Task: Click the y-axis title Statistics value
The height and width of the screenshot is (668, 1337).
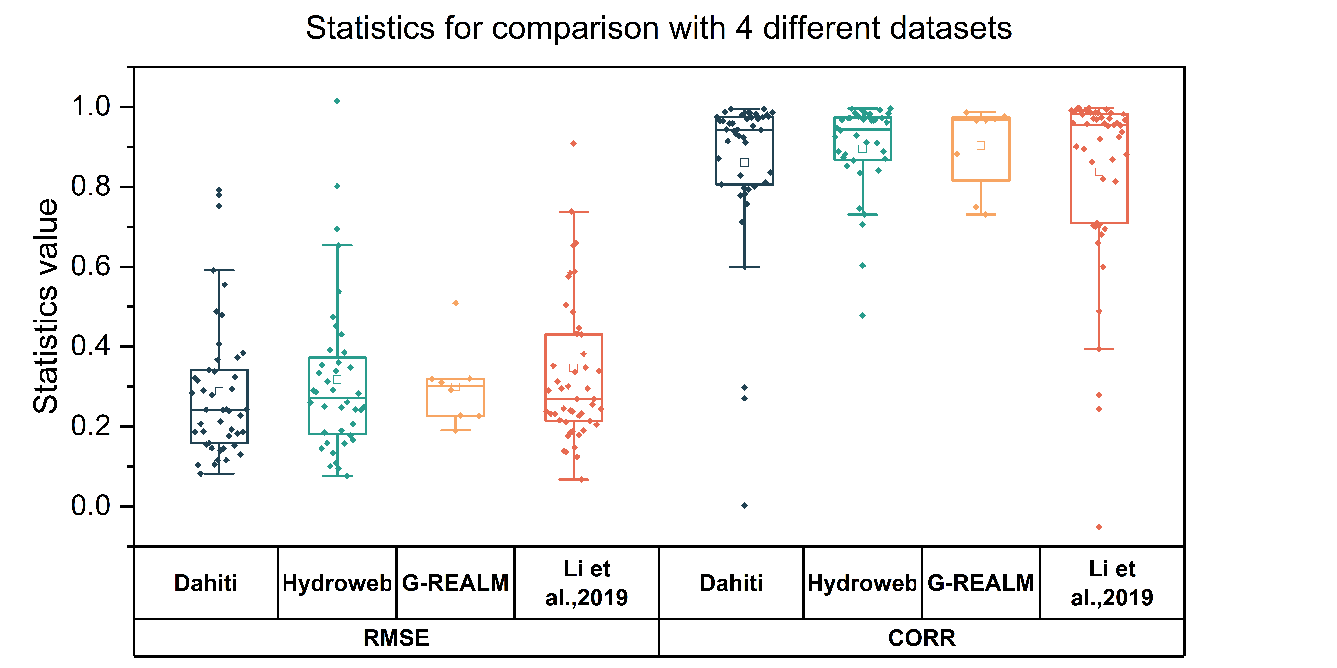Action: pos(46,306)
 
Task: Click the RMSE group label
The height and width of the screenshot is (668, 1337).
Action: pos(396,638)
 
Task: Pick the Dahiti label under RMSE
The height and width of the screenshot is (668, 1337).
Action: pos(206,583)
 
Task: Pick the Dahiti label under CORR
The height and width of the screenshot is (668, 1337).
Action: pos(731,583)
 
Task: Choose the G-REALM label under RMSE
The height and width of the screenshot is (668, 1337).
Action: pos(455,583)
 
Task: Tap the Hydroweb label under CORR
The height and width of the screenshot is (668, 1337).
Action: pos(862,583)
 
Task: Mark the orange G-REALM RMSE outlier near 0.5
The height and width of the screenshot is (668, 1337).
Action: pos(455,303)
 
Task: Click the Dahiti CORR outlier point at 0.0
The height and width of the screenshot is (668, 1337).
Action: pos(744,506)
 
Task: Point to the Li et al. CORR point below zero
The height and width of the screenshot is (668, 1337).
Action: pos(1099,527)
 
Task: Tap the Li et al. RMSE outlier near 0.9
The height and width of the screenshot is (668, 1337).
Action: pos(574,144)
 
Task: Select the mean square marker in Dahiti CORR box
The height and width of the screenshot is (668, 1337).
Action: pos(744,162)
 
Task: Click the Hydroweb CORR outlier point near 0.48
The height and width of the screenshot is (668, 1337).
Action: pos(863,315)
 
